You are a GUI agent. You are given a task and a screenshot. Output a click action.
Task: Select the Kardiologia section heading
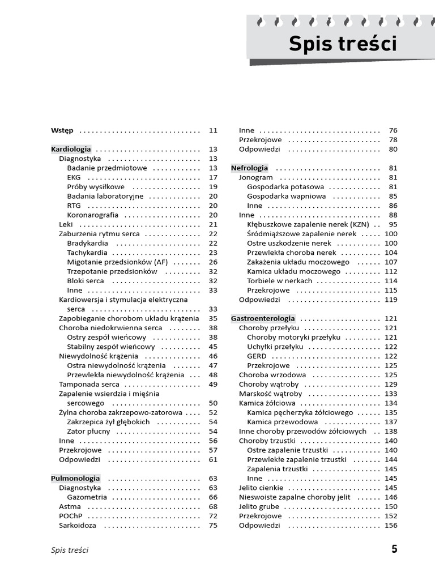(71, 149)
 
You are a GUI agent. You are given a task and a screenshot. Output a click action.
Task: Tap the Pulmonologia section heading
(75, 478)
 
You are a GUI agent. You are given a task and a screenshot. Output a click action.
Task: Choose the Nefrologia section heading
(250, 168)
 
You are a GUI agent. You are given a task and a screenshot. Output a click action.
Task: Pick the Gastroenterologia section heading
(263, 319)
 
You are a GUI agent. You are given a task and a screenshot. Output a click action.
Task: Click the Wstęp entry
(62, 130)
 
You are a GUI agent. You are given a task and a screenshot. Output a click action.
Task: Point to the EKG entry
(74, 177)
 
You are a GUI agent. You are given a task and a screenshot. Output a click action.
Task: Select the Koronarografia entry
(93, 215)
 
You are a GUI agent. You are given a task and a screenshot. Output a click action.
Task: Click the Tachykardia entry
(87, 253)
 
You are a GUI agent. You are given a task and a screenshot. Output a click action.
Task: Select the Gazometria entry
(87, 497)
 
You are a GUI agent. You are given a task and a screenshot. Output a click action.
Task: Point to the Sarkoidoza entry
(78, 525)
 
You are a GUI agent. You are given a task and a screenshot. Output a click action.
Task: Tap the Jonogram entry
(256, 177)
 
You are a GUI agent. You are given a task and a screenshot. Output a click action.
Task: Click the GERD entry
(257, 356)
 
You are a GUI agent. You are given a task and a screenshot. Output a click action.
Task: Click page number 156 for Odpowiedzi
(391, 525)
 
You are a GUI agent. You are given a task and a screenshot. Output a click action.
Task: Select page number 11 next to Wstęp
(213, 130)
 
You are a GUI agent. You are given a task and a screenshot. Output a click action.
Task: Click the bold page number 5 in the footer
(394, 549)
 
